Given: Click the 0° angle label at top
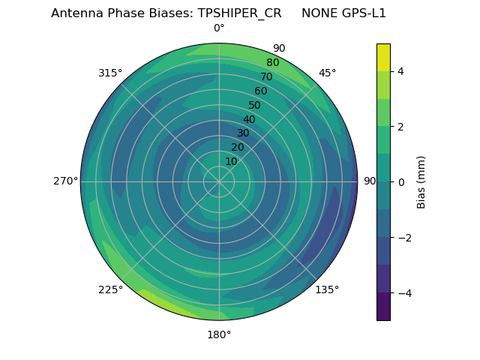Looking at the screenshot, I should (219, 28).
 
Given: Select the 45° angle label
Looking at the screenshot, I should (327, 73).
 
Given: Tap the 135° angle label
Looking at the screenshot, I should (327, 289).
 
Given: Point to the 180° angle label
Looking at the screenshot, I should (219, 334).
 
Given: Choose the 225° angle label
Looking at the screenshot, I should (110, 289).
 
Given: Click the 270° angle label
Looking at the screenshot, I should (65, 181).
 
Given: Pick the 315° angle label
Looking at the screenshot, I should (110, 73).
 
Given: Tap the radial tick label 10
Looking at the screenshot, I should (231, 161).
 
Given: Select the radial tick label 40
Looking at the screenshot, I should (249, 119).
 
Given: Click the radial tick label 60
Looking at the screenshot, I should (261, 91).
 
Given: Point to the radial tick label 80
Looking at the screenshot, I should (272, 63).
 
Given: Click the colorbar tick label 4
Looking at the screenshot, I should (400, 71).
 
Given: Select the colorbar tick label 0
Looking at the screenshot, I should (400, 182).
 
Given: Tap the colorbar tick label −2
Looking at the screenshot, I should (403, 238).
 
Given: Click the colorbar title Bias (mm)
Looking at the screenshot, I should (421, 182).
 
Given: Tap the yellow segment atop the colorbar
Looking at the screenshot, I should (383, 57).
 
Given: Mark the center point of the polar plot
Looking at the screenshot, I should (219, 181).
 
